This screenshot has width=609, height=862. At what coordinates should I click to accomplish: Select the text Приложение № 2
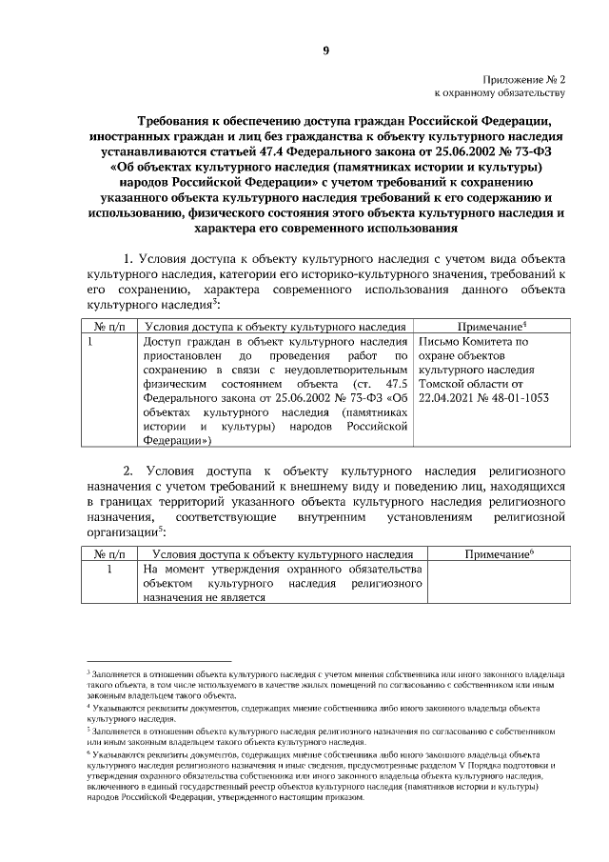(521, 80)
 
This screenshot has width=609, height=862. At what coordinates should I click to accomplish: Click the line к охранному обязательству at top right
(500, 93)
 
